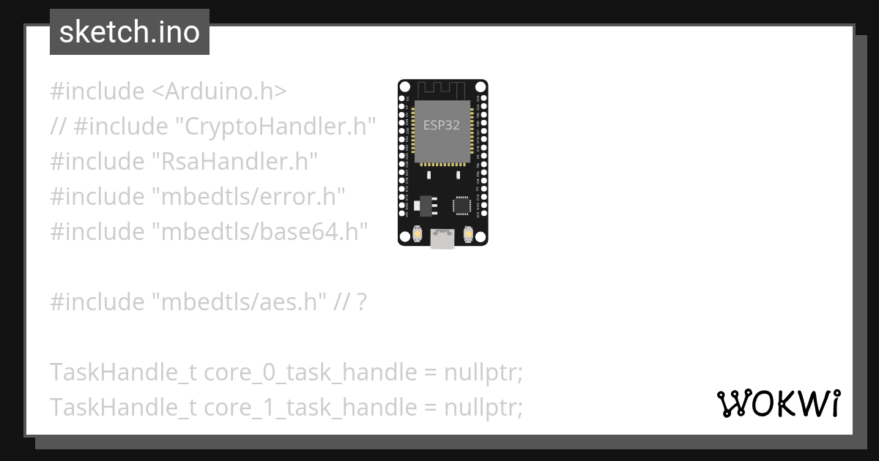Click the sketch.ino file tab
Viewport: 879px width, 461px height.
coord(130,33)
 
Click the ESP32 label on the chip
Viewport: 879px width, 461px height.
coord(442,124)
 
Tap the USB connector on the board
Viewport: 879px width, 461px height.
coord(442,239)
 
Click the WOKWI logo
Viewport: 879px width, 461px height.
coord(778,403)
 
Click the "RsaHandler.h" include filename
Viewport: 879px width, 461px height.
coord(234,162)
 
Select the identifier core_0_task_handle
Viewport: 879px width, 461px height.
coord(310,372)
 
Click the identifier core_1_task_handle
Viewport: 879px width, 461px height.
coord(310,408)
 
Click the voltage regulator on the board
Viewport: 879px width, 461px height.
coord(423,206)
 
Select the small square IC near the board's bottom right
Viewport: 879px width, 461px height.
coord(461,206)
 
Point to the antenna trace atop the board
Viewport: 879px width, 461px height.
coord(442,89)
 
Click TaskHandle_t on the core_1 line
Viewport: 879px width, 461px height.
coord(123,408)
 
